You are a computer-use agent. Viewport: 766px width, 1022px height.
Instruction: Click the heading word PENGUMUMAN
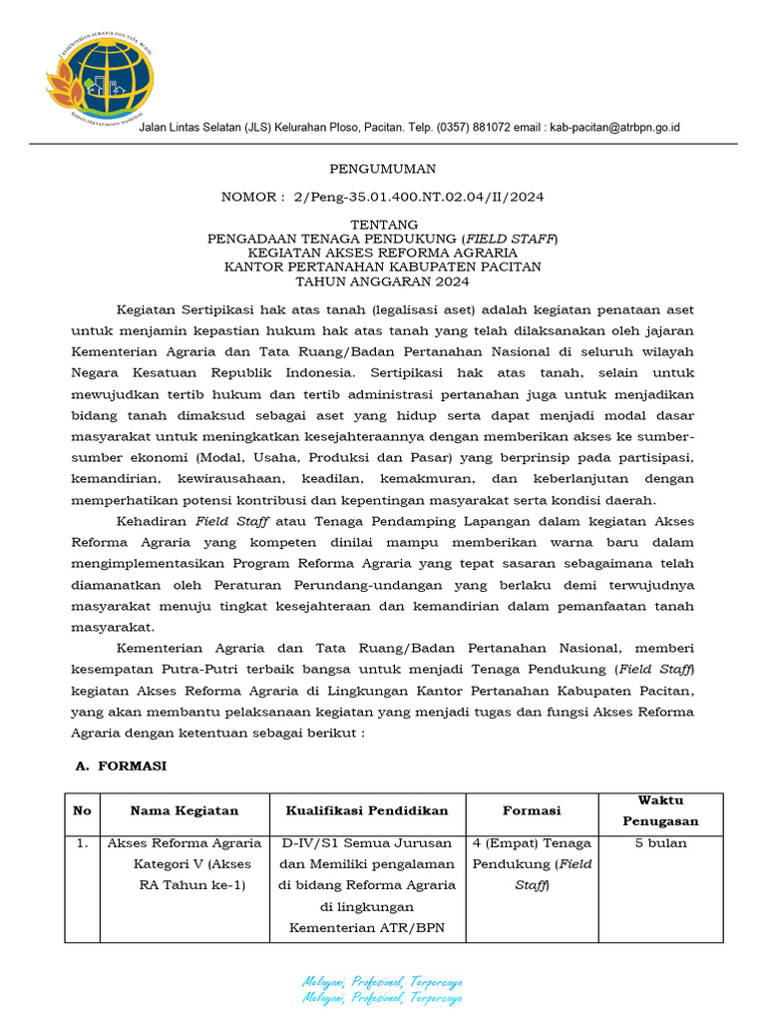click(x=382, y=169)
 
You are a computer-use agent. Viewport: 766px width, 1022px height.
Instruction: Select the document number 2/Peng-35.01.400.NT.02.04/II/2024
click(x=419, y=198)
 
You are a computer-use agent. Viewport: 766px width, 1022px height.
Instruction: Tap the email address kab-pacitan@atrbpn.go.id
click(x=614, y=128)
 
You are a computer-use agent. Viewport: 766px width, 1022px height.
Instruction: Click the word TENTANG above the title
click(x=383, y=225)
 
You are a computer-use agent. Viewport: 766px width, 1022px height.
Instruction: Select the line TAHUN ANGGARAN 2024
click(x=383, y=281)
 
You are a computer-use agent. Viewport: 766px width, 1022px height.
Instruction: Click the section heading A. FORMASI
click(x=121, y=766)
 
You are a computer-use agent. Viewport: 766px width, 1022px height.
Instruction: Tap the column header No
click(x=82, y=810)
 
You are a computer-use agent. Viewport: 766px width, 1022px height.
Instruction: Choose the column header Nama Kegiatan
click(x=185, y=810)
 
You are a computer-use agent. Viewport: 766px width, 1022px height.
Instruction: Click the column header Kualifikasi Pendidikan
click(x=367, y=810)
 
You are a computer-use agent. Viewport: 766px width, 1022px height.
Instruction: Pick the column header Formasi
click(x=532, y=810)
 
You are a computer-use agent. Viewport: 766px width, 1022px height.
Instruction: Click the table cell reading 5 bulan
click(x=660, y=843)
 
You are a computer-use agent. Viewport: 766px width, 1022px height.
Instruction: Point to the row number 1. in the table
click(x=82, y=843)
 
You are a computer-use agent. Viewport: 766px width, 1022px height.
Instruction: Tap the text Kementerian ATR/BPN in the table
click(x=367, y=928)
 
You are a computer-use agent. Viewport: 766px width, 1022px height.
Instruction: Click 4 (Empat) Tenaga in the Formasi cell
click(x=532, y=843)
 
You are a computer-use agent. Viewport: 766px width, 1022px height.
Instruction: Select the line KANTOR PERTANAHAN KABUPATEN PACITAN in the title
click(x=383, y=267)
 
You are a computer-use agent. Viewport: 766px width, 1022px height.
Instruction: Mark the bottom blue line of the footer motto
click(x=382, y=998)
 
